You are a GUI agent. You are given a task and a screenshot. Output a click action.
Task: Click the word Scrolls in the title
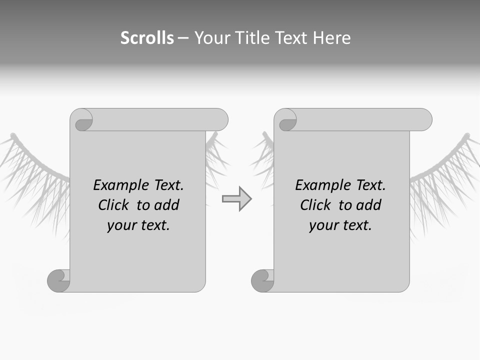point(147,38)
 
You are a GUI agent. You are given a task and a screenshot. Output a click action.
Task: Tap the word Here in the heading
point(331,38)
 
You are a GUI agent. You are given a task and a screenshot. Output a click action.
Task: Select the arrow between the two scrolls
point(236,199)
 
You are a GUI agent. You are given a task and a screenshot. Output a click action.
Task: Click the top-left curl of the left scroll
point(82,120)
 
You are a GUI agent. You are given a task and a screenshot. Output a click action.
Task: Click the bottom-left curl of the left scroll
point(58,280)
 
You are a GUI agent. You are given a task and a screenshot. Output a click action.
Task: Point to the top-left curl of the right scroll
point(286,120)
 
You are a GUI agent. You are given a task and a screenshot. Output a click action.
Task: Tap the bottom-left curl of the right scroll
point(262,280)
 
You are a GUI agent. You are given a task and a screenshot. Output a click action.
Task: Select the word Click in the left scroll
point(114,205)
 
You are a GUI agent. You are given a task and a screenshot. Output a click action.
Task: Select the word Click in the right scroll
point(316,205)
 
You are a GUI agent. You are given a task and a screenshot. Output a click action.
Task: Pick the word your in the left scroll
point(121,225)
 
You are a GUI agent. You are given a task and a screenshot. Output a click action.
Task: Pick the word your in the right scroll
point(323,225)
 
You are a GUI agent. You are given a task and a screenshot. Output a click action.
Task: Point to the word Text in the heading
point(293,38)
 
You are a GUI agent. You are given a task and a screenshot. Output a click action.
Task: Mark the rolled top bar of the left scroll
point(160,120)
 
